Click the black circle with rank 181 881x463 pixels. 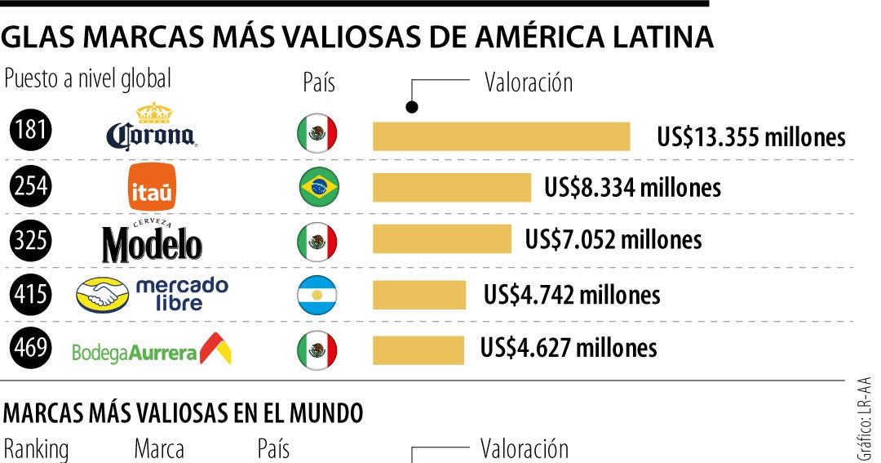[31, 134]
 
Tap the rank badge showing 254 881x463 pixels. [31, 188]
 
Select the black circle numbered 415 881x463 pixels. [31, 294]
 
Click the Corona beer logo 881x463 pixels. [152, 131]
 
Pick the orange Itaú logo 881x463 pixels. [153, 187]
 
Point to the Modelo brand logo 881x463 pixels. [153, 240]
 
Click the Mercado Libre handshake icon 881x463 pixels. [102, 295]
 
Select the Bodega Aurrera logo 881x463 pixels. [153, 349]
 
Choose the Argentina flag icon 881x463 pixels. [318, 295]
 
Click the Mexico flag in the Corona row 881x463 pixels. [317, 134]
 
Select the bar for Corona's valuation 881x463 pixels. [501, 136]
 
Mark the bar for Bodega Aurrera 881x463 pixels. [418, 349]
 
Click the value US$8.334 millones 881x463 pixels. [633, 188]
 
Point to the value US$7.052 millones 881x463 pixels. [613, 239]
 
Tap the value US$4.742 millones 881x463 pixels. [572, 293]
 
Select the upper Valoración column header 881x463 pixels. [529, 82]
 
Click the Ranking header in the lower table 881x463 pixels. [37, 450]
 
